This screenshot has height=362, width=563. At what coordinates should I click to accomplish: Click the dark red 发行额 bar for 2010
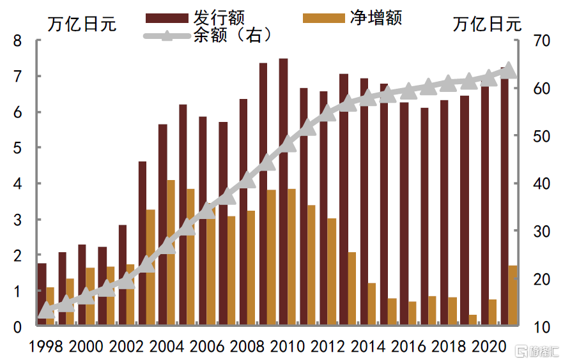(x=283, y=192)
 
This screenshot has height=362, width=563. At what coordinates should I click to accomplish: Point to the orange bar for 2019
(x=472, y=321)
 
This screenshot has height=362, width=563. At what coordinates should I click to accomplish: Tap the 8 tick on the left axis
(x=18, y=41)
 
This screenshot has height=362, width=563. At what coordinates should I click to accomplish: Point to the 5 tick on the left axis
(x=18, y=148)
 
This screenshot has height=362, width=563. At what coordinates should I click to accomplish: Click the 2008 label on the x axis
(x=249, y=346)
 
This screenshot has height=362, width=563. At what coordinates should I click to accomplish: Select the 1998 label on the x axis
(x=46, y=346)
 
